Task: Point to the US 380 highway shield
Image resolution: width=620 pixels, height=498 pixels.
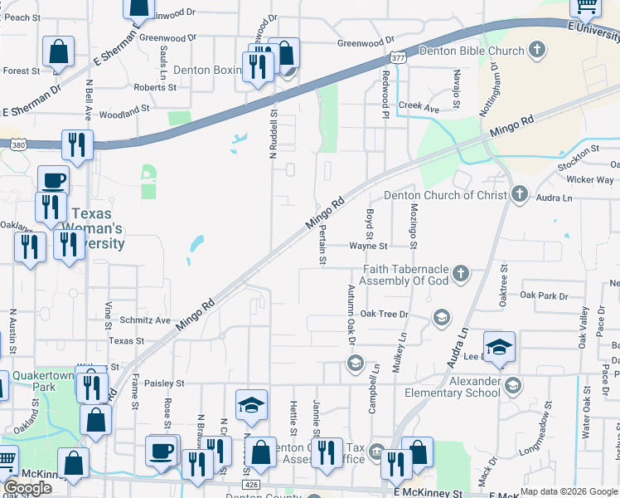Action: coord(17,144)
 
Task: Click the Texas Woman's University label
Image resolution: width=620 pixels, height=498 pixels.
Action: coord(97,228)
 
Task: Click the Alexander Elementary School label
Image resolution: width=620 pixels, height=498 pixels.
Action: coord(453,387)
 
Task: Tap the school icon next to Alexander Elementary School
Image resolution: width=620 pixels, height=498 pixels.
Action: coord(513,384)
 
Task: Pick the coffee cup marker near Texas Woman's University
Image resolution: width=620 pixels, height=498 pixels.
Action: coord(54,180)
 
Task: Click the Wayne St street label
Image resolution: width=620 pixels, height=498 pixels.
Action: coord(367,246)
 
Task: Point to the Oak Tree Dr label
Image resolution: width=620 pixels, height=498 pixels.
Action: coord(381,314)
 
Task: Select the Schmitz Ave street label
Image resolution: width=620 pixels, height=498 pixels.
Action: coord(144,320)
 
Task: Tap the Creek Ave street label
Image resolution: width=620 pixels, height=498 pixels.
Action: coord(419,107)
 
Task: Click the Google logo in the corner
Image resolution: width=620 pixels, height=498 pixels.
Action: coord(27,488)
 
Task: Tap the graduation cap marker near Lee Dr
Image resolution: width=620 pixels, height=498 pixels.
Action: coord(500,347)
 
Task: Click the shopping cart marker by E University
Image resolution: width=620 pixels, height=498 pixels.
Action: coord(587,7)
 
